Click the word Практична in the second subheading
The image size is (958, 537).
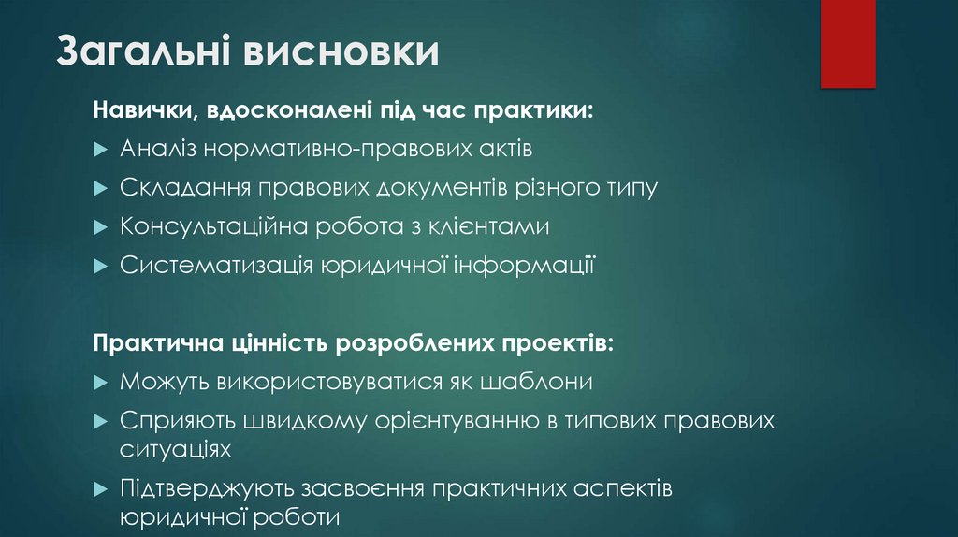click(155, 343)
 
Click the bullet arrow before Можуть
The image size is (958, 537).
click(101, 383)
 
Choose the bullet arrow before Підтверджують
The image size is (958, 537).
click(101, 489)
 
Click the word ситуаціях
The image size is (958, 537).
click(175, 448)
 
